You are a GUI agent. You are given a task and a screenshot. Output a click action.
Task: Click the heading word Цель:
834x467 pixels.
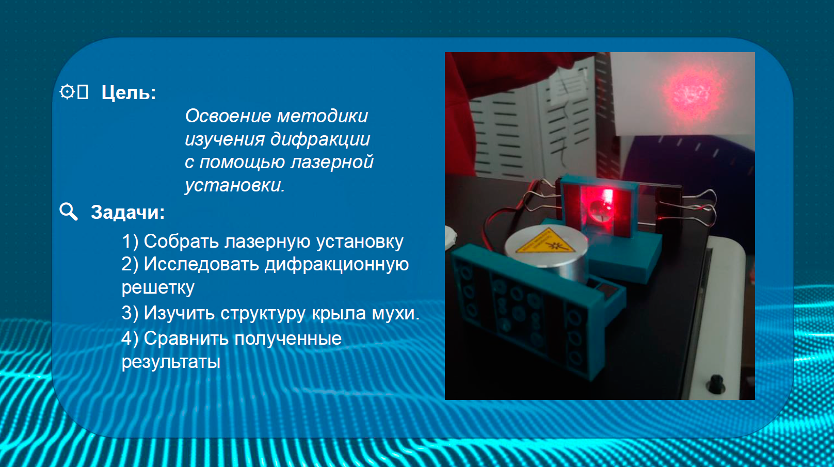click(129, 92)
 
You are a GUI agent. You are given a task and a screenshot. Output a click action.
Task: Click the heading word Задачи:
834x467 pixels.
click(127, 212)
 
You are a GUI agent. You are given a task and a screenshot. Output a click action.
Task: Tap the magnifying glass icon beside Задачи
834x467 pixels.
click(69, 212)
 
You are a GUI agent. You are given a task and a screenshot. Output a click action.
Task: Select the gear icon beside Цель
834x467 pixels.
click(67, 91)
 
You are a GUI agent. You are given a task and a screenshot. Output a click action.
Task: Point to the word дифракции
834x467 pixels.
click(320, 139)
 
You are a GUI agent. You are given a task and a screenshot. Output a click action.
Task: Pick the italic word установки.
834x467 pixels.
click(234, 185)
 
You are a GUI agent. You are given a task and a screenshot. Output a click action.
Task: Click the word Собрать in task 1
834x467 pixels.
click(181, 241)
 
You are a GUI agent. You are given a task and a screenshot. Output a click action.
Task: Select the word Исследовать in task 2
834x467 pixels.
click(201, 264)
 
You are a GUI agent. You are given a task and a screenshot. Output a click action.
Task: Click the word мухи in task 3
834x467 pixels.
click(396, 313)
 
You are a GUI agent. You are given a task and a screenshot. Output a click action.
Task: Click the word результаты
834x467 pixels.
click(171, 362)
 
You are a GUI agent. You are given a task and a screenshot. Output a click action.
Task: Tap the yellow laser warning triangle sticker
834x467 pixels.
click(544, 242)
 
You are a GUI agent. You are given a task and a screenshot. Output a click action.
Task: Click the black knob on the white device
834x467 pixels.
click(716, 383)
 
